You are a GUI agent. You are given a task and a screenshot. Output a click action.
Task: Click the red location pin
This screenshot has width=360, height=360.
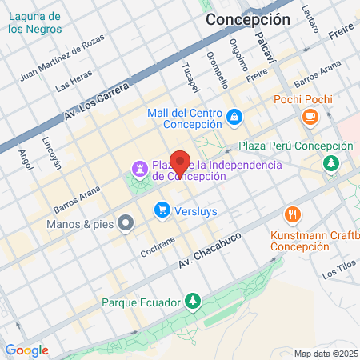[x=181, y=163]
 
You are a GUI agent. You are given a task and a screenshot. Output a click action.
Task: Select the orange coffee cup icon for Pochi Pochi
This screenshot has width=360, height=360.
[x=309, y=118]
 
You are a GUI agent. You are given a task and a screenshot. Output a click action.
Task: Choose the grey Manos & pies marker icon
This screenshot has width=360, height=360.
[x=124, y=223]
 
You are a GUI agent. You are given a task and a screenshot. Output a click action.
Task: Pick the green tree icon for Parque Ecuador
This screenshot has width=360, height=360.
[x=191, y=302]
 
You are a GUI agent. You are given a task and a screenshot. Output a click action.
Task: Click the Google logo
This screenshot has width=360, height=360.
[x=26, y=350]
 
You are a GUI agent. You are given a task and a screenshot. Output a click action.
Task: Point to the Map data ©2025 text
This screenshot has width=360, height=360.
[x=325, y=354]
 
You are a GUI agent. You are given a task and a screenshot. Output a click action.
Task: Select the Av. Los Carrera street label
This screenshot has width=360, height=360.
[x=96, y=102]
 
